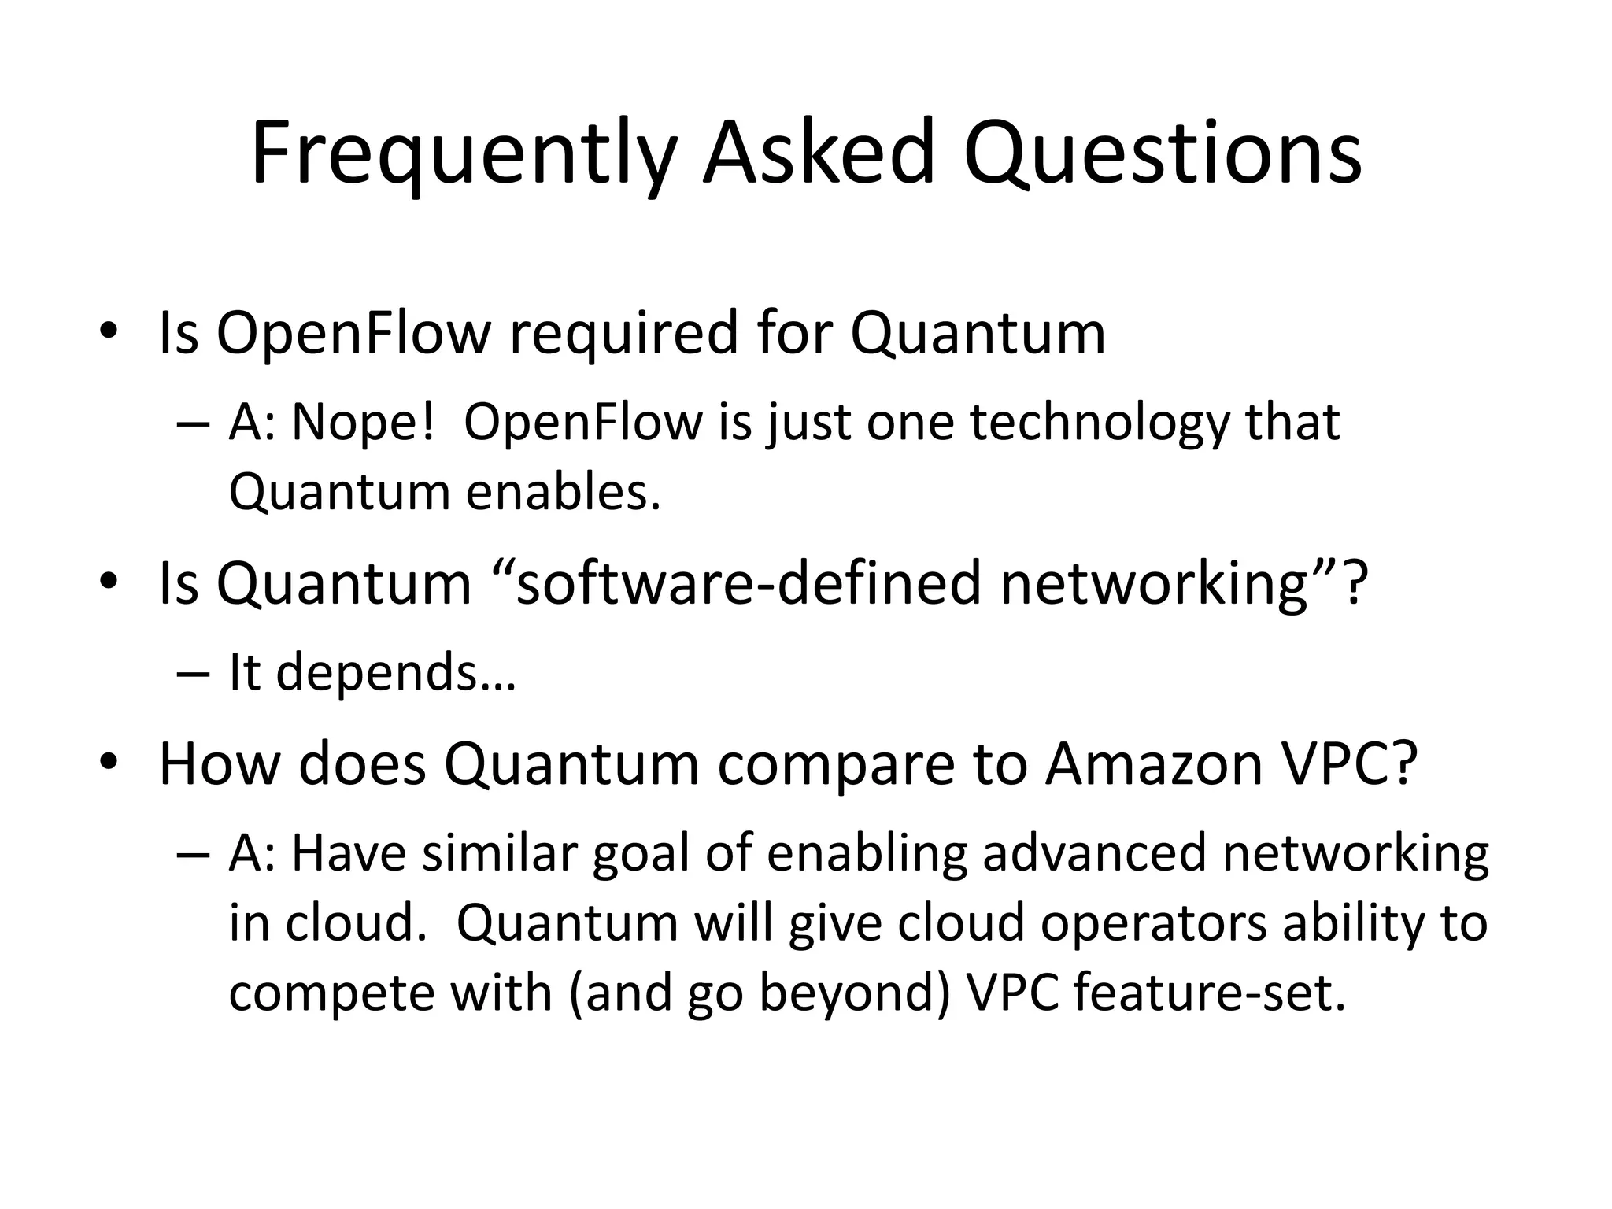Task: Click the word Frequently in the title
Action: click(x=464, y=153)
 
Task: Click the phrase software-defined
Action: click(x=748, y=584)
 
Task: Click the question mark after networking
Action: click(x=1353, y=584)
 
